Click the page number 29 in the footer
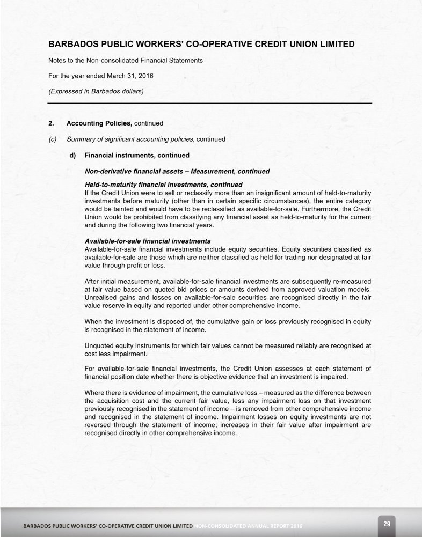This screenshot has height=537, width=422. point(385,522)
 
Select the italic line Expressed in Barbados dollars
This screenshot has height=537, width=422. point(96,91)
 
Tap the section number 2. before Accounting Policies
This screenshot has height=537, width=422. point(52,123)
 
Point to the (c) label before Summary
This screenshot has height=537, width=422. point(53,139)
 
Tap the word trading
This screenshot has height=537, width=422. point(308,258)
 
